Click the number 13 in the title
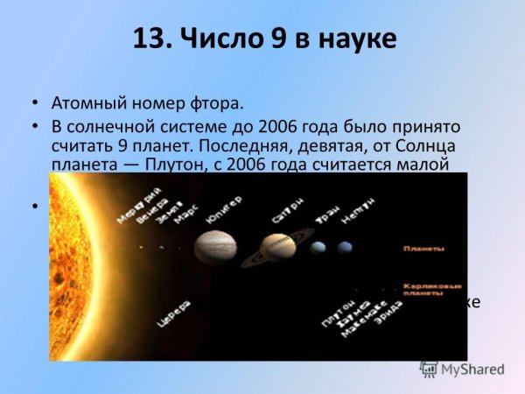click(150, 39)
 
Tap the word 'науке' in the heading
click(354, 39)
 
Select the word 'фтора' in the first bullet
click(217, 104)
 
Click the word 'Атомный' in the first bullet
click(89, 104)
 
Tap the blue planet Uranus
click(318, 249)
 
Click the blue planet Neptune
click(345, 248)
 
